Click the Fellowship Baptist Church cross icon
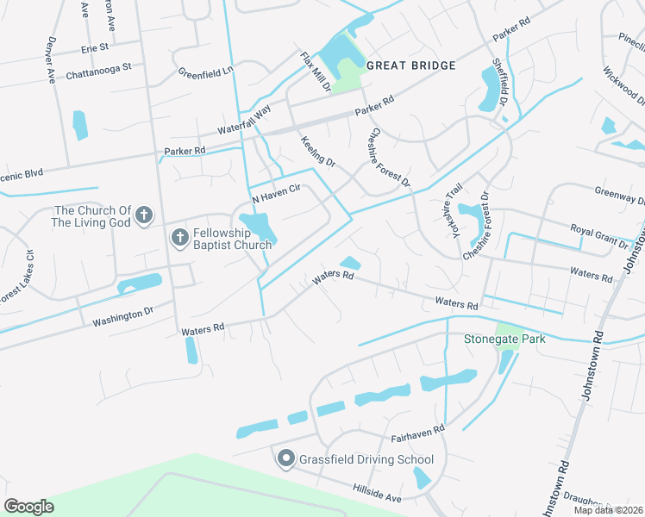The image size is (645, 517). pos(179,237)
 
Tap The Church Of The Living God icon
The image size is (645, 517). pos(144,215)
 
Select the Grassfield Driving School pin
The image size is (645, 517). pos(286,459)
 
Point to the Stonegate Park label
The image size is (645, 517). pos(505,339)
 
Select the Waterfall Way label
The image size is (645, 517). pos(244,119)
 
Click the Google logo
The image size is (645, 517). pos(29,506)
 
